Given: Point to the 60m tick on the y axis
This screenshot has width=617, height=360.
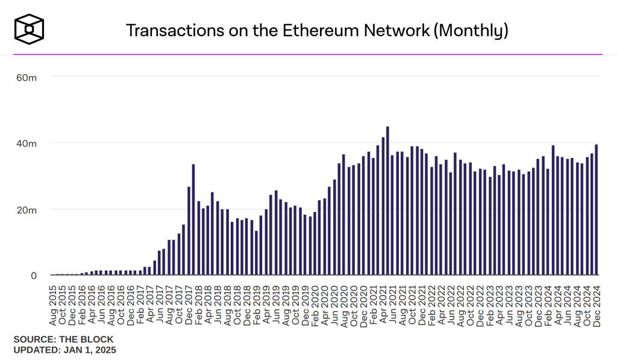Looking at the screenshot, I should [27, 77].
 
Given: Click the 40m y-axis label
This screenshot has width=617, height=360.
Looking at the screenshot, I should [27, 144].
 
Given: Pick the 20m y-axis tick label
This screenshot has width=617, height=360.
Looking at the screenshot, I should [27, 210].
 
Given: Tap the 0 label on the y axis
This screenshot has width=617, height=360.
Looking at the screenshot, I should [34, 276].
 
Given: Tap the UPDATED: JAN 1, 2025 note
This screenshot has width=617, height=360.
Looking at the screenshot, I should [64, 350].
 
